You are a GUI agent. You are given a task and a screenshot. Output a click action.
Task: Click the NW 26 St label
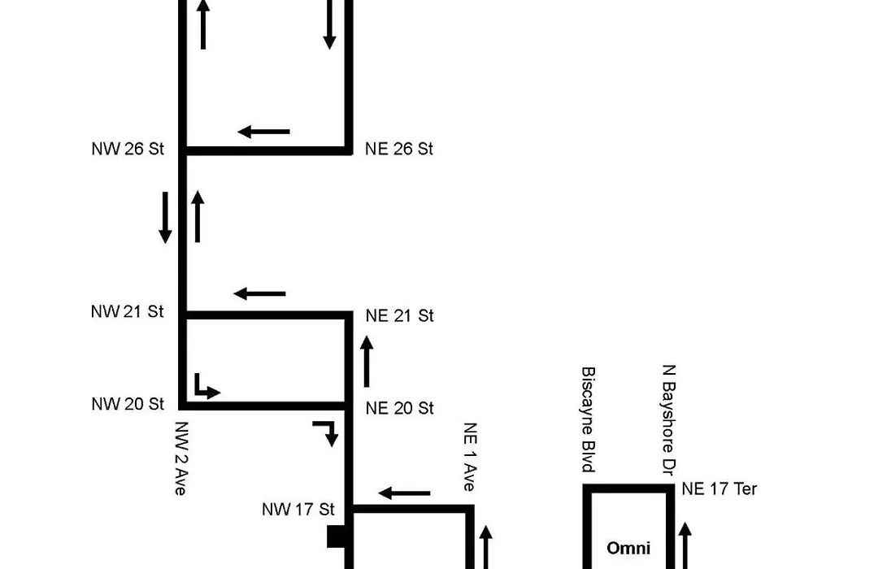pyautogui.click(x=128, y=149)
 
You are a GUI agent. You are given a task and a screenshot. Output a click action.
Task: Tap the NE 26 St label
pyautogui.click(x=399, y=149)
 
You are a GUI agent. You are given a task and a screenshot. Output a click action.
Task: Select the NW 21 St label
pyautogui.click(x=127, y=311)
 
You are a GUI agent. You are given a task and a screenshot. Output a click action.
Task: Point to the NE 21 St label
pyautogui.click(x=400, y=316)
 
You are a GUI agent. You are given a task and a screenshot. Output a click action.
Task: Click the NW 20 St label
pyautogui.click(x=128, y=404)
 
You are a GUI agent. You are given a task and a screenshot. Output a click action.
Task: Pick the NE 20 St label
pyautogui.click(x=400, y=408)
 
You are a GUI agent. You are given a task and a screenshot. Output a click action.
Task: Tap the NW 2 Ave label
pyautogui.click(x=180, y=458)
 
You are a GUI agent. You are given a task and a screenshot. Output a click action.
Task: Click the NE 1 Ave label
pyautogui.click(x=470, y=457)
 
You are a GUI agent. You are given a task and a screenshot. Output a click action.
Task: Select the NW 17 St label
pyautogui.click(x=298, y=509)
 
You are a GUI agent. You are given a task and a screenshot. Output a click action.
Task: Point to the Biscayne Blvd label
pyautogui.click(x=588, y=419)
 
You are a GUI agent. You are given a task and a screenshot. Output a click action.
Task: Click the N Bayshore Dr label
pyautogui.click(x=668, y=420)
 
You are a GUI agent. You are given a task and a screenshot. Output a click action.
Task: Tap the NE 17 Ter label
pyautogui.click(x=719, y=489)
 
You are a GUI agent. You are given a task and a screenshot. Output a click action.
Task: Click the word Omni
pyautogui.click(x=628, y=548)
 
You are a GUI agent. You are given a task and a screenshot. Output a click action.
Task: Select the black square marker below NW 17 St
pyautogui.click(x=336, y=536)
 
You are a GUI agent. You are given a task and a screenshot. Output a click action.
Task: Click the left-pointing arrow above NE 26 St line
pyautogui.click(x=263, y=132)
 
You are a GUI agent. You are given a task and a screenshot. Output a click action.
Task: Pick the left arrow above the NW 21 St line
pyautogui.click(x=259, y=293)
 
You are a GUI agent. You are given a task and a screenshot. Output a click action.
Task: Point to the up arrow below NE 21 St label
pyautogui.click(x=367, y=361)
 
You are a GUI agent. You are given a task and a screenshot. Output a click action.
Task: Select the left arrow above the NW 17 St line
pyautogui.click(x=404, y=493)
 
